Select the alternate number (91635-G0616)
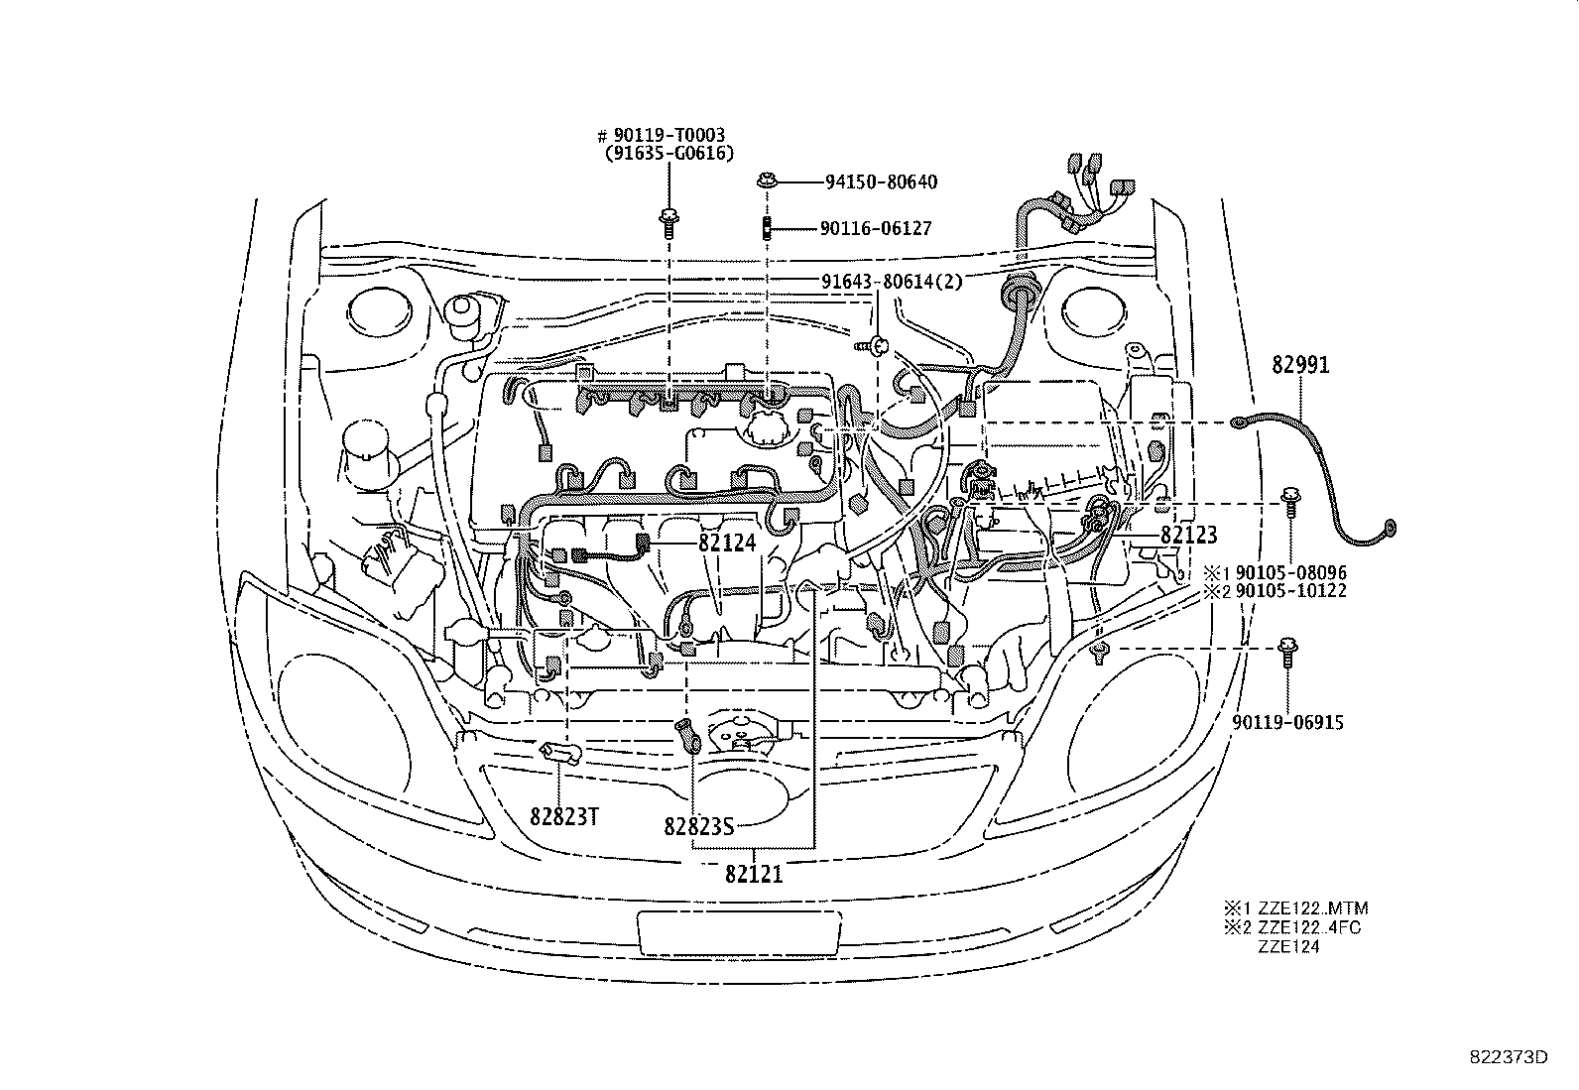coord(668,154)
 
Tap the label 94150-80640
coord(881,182)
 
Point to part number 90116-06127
coord(876,228)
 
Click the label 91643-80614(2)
coord(892,282)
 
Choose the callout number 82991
coord(1300,365)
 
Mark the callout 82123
coord(1188,536)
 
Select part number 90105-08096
coord(1289,573)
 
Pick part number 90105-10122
coord(1289,591)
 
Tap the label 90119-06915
coord(1288,723)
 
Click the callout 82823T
coord(562,817)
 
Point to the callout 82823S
coord(698,825)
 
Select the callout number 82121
coord(754,874)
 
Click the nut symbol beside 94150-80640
coord(767,182)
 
